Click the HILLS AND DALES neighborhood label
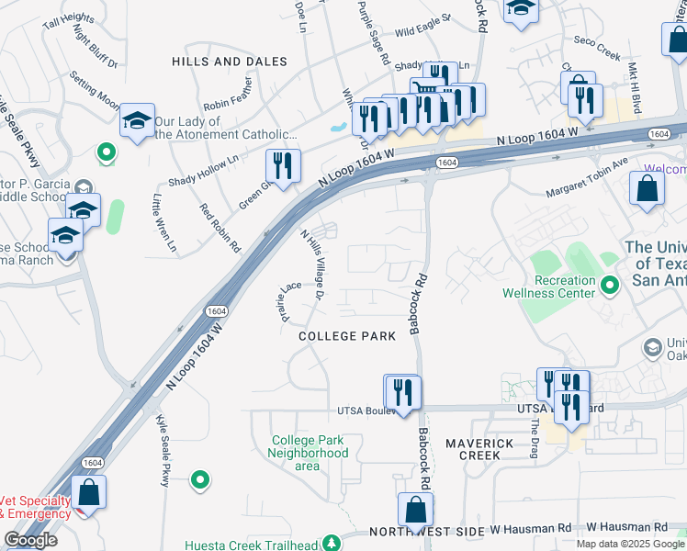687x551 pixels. click(230, 62)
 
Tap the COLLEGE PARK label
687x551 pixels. click(347, 336)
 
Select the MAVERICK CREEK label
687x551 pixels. click(479, 449)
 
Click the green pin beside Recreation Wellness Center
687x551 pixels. click(609, 287)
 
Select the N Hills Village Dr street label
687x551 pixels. click(312, 264)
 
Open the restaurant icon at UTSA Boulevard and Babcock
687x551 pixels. click(402, 392)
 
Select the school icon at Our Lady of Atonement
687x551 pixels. click(137, 120)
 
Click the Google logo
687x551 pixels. click(30, 540)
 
